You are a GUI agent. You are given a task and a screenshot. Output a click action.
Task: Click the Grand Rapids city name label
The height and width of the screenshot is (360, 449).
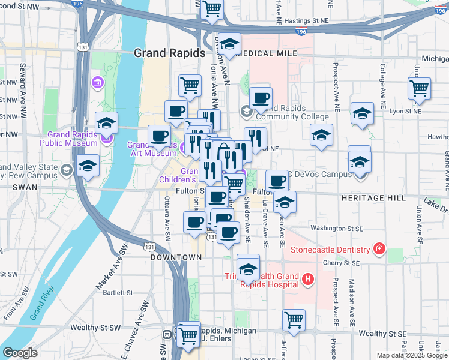169,53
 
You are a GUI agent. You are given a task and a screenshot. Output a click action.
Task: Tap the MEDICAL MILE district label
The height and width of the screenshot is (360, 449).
267,53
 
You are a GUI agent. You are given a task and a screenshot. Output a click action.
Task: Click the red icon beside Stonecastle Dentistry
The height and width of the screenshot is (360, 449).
379,248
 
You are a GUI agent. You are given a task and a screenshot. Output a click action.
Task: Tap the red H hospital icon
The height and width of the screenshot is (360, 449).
307,279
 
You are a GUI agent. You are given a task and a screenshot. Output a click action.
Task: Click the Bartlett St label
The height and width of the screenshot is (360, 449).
118,293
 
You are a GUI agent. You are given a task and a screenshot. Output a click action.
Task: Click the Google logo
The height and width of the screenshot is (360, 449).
20,353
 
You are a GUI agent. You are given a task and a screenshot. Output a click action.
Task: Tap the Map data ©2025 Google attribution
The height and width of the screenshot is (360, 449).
412,355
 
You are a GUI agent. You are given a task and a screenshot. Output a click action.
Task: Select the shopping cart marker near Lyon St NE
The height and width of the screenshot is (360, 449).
419,88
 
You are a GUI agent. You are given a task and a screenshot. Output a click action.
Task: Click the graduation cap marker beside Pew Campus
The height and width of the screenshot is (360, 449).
88,166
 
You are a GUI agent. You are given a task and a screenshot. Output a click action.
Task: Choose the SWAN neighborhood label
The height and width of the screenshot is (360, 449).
12,188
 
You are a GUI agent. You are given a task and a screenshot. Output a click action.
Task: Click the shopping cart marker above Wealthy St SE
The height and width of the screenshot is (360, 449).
294,320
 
